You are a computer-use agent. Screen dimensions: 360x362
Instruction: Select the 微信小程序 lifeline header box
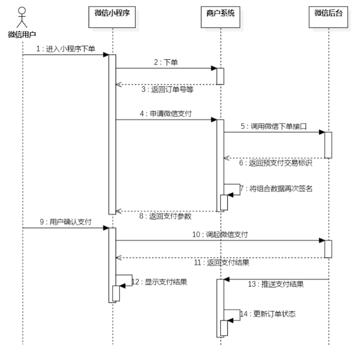tap(112, 12)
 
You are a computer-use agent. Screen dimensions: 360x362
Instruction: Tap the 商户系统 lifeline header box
tap(220, 12)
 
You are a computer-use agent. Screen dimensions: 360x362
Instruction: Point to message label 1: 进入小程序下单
tap(65, 49)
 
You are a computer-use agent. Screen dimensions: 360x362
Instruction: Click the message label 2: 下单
tap(166, 63)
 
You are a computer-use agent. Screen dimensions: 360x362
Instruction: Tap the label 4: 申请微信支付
tap(166, 113)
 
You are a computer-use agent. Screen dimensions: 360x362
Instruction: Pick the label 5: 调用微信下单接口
tap(274, 127)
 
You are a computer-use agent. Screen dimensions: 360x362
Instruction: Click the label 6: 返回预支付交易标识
tap(274, 163)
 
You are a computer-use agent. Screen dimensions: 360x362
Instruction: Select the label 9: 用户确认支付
tap(65, 222)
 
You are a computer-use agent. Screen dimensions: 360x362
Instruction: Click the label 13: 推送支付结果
tap(276, 284)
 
